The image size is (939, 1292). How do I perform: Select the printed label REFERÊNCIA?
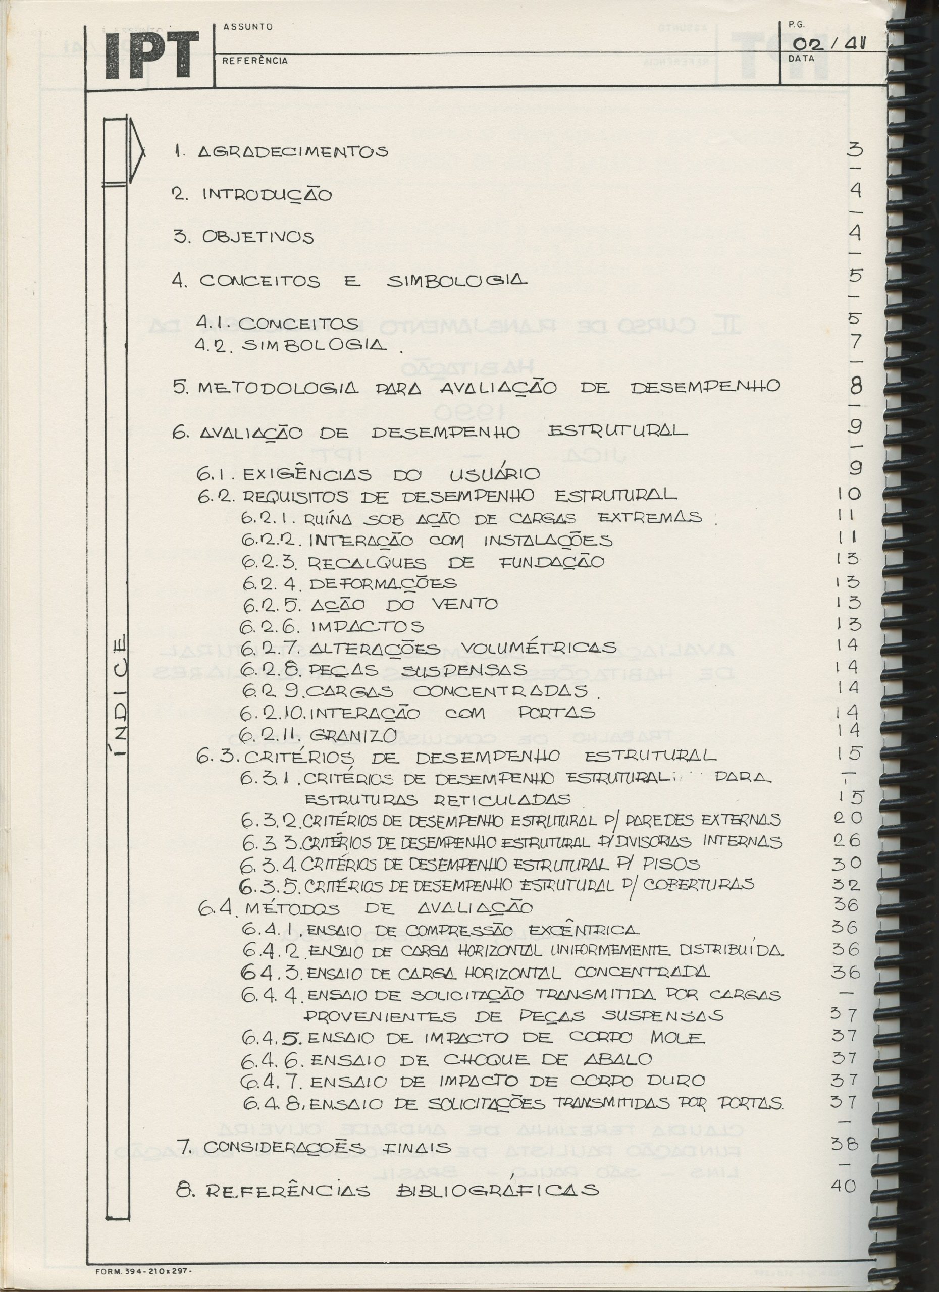click(255, 61)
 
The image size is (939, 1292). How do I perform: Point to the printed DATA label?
click(801, 58)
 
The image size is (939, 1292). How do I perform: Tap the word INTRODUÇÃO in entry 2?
click(267, 195)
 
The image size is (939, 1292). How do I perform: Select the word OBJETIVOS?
click(257, 238)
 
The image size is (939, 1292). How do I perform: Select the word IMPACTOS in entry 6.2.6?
click(368, 627)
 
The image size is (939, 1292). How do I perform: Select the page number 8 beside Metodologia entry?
click(855, 386)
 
